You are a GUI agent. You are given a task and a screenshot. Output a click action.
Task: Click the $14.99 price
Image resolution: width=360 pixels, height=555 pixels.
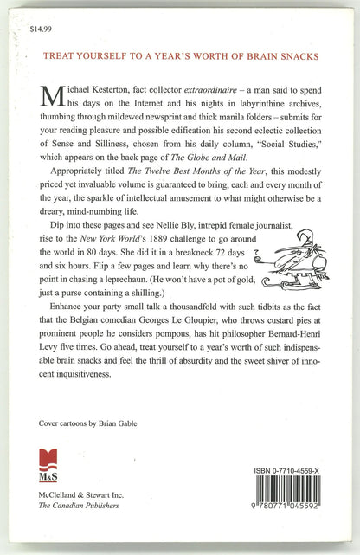(x=40, y=29)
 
